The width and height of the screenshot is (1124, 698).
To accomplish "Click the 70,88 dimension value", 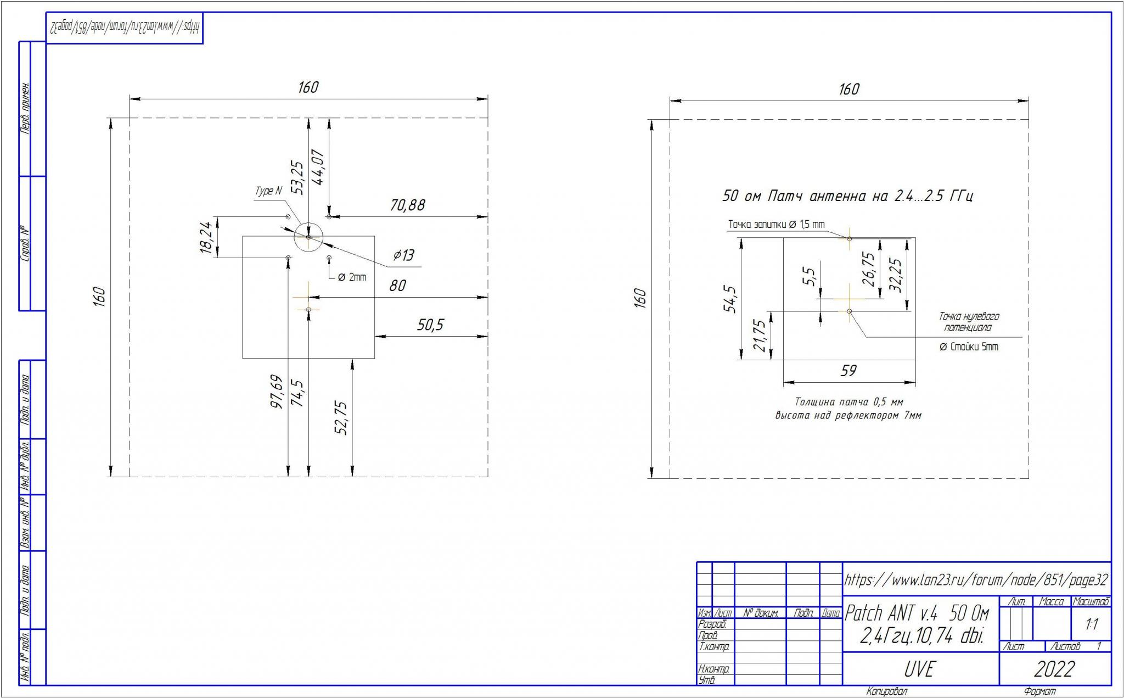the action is (x=407, y=205).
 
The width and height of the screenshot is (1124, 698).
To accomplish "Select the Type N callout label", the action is (x=268, y=191).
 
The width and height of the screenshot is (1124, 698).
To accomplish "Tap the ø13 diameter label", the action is (x=404, y=255).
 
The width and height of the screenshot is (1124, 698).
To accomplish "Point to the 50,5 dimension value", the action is (x=430, y=325).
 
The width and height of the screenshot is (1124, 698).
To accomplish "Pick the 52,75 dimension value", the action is (x=341, y=418).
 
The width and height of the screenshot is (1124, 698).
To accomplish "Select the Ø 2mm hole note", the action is (x=352, y=277).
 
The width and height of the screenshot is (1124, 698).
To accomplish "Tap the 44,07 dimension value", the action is (x=319, y=166).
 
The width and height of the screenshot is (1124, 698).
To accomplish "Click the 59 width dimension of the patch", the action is (x=848, y=371).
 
